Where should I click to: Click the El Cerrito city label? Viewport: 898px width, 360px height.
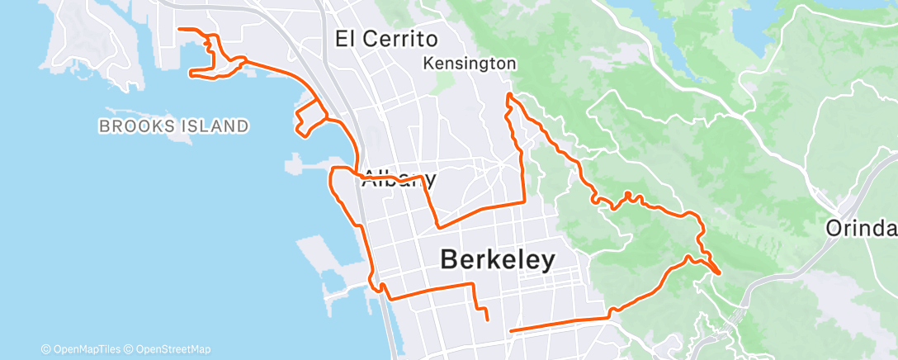387,38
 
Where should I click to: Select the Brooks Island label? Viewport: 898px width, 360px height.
173,126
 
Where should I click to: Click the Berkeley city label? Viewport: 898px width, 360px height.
497,259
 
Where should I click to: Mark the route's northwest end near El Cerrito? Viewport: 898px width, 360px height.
179,30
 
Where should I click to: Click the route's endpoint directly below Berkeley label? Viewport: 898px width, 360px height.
488,319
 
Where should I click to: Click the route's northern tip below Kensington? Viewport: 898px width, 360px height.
509,96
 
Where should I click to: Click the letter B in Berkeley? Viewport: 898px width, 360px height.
449,259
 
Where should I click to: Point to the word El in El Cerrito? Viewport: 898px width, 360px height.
346,38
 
